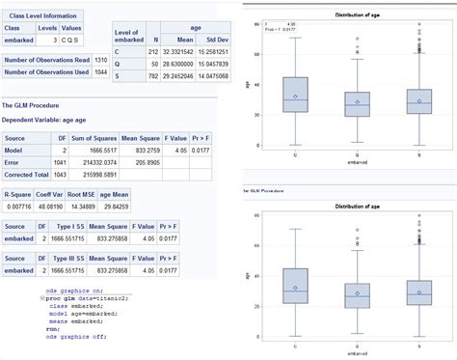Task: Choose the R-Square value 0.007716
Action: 20,206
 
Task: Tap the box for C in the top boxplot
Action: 294,96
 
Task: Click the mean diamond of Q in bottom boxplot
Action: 357,293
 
